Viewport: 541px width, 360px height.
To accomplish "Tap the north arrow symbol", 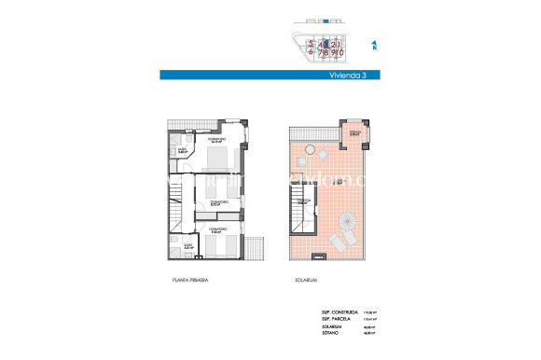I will point(373,44).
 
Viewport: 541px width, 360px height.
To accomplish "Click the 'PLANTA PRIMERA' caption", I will point(189,279).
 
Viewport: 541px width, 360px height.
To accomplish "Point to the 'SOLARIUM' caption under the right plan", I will point(295,279).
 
